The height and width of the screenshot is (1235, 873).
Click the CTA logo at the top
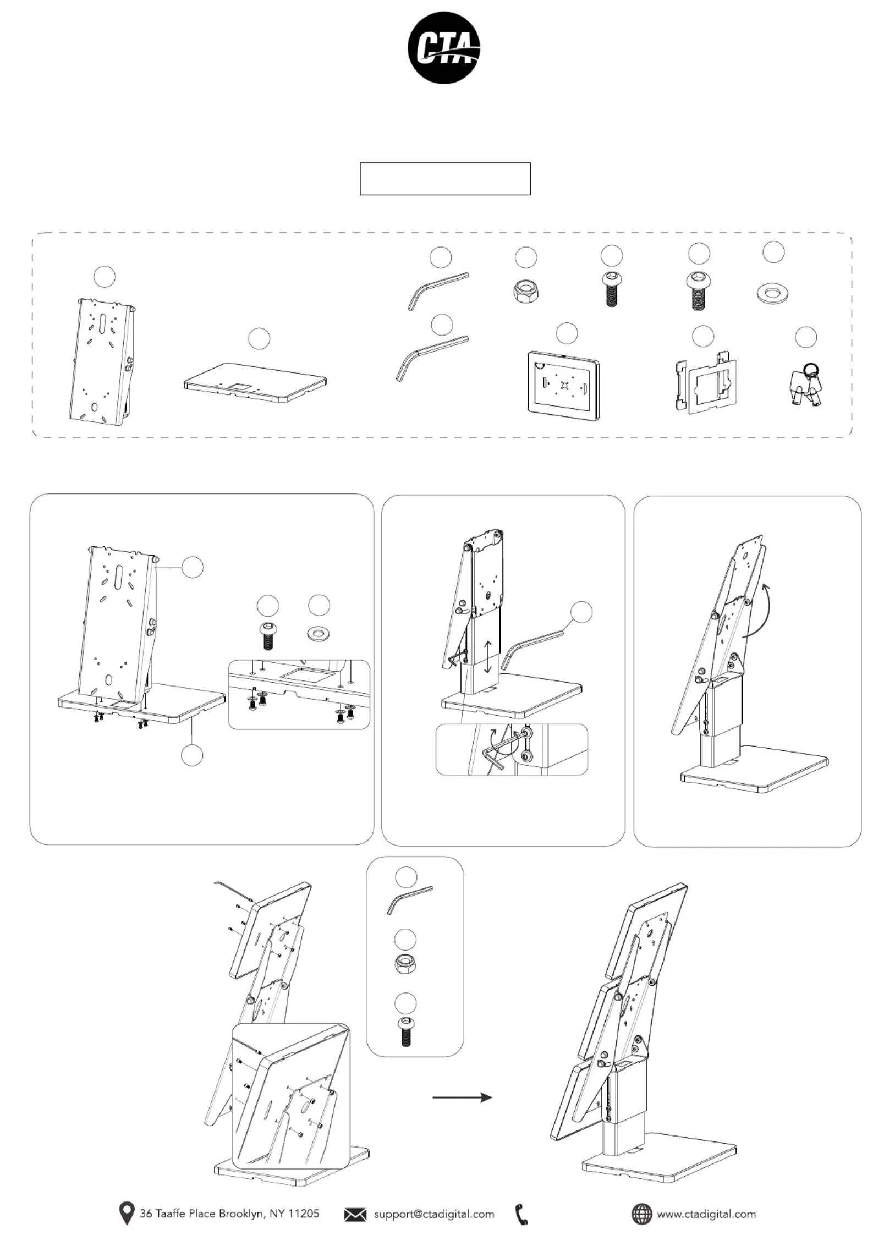click(x=444, y=48)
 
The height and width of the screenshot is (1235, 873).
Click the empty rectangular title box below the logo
click(x=445, y=179)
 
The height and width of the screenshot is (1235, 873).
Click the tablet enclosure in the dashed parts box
click(x=564, y=385)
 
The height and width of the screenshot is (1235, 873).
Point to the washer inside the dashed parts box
click(x=773, y=294)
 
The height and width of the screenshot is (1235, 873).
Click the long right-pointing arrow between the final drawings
click(x=462, y=1097)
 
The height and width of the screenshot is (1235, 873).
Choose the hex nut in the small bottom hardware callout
click(x=406, y=964)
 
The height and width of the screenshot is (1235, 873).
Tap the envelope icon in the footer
click(x=355, y=1215)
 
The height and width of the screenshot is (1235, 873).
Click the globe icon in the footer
click(x=641, y=1214)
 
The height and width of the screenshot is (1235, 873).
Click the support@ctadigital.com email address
click(x=434, y=1214)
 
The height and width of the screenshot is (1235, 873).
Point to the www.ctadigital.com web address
click(x=706, y=1214)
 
